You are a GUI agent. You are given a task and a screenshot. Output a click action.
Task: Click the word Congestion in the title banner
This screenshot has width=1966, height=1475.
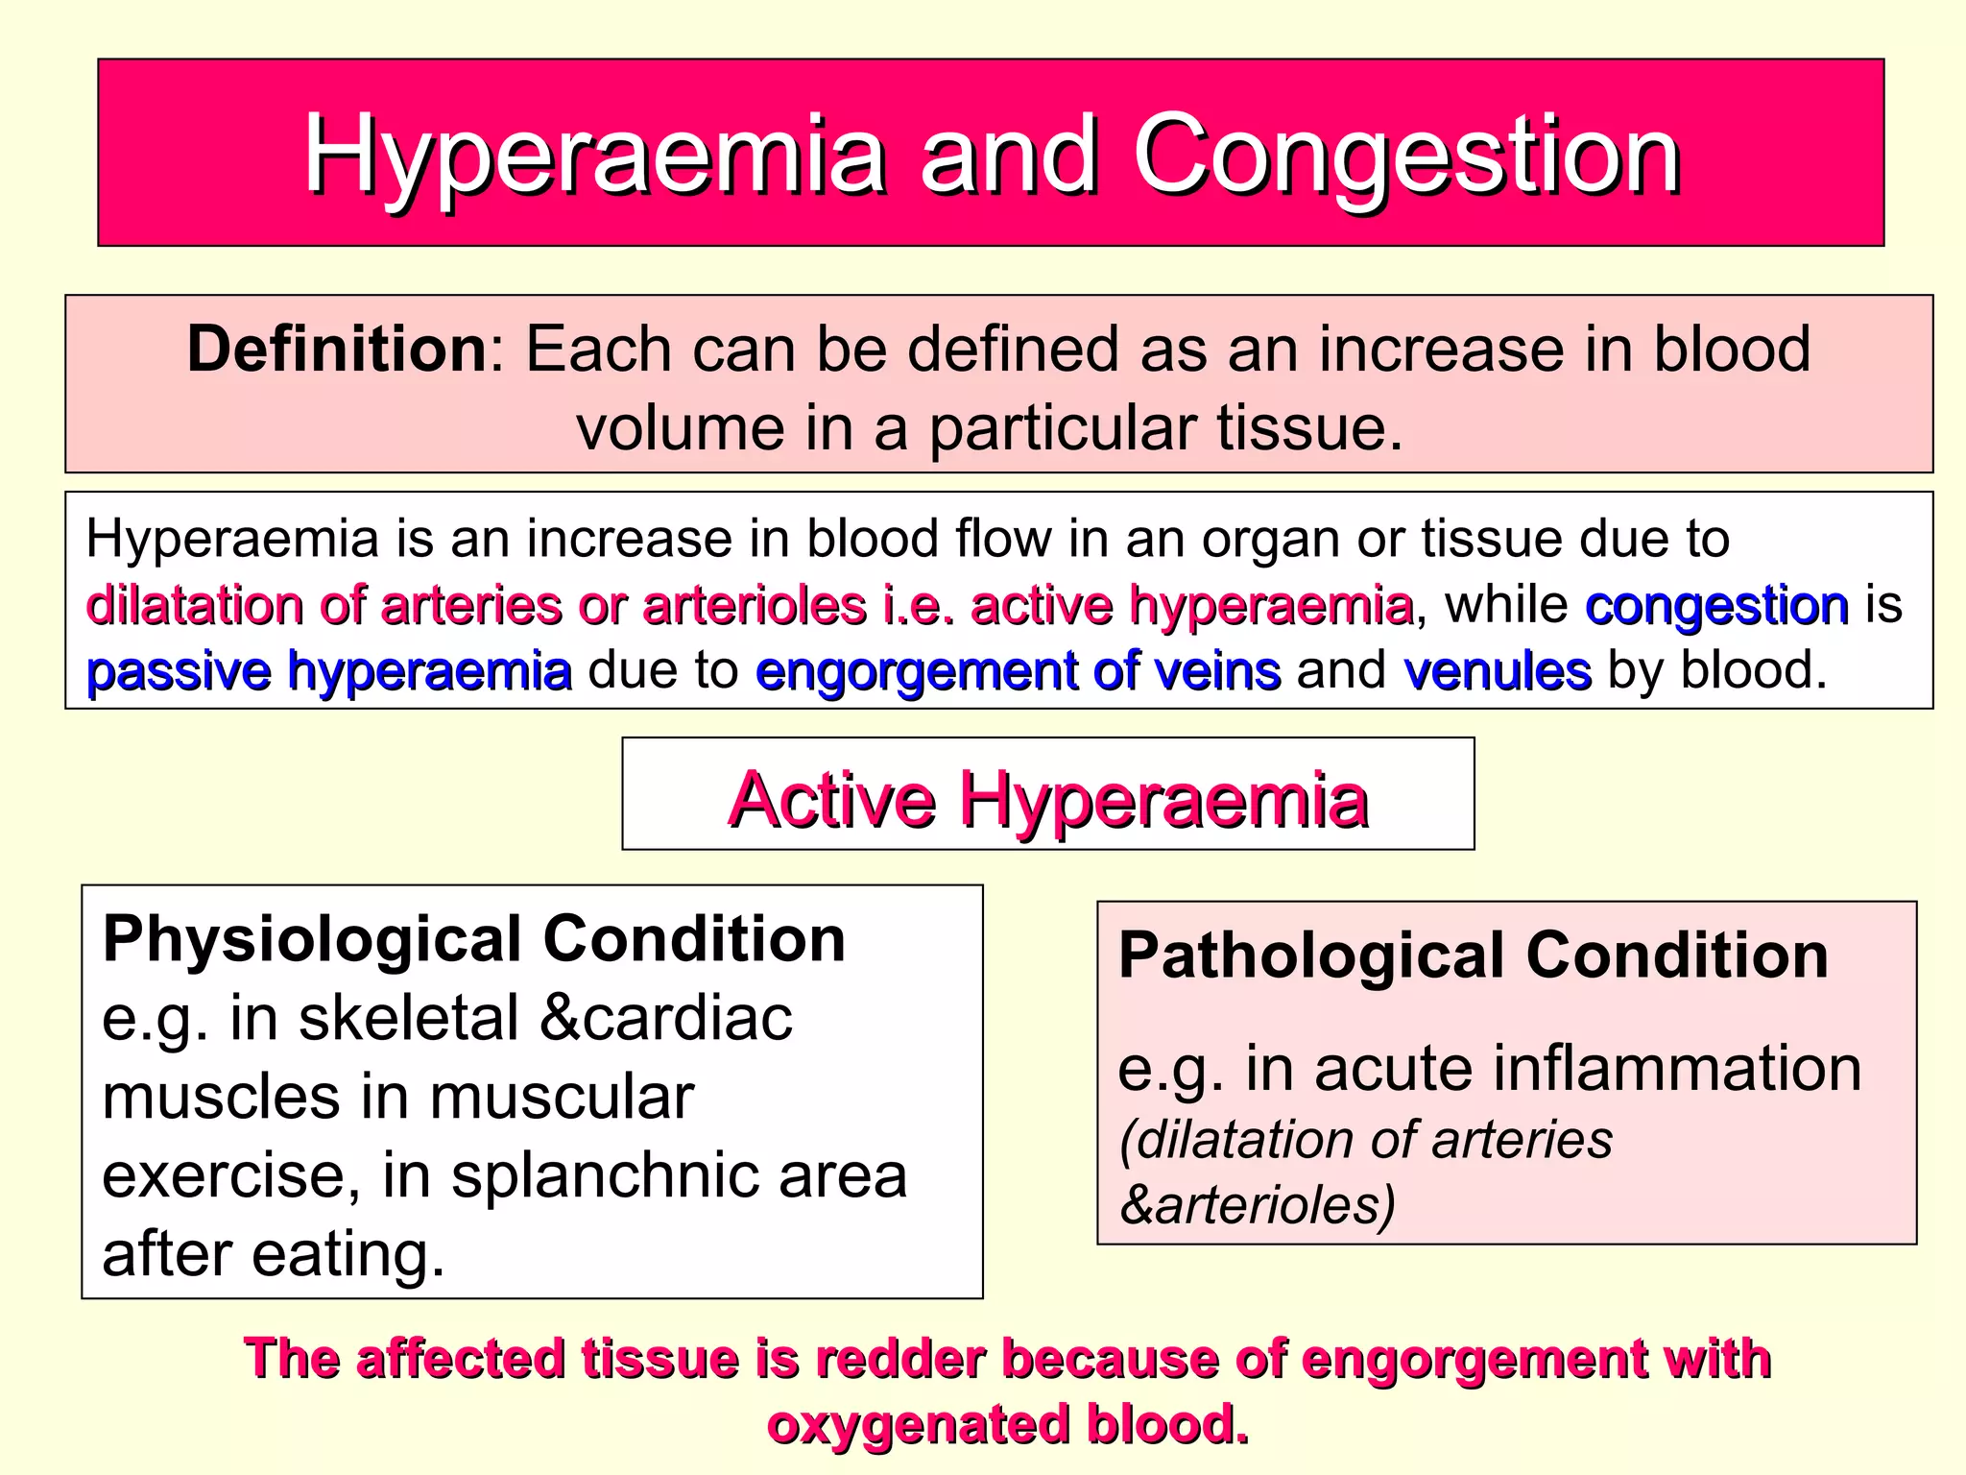1406,156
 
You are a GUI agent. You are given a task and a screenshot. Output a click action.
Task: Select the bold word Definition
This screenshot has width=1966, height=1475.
338,349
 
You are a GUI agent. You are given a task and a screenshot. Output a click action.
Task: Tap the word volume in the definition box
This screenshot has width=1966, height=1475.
681,427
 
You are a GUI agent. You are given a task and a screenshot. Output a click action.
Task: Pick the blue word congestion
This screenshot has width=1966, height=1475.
1716,605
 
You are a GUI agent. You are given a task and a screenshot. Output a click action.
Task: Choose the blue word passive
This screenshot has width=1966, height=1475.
179,670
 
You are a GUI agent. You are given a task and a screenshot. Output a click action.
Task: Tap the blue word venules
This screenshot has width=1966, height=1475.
1497,670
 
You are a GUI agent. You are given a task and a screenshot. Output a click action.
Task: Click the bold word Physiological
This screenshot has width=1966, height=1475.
313,938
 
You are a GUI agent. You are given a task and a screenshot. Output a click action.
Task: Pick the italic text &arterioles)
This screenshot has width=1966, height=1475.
1257,1204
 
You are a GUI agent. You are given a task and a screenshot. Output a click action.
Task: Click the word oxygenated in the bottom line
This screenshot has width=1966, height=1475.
918,1423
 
